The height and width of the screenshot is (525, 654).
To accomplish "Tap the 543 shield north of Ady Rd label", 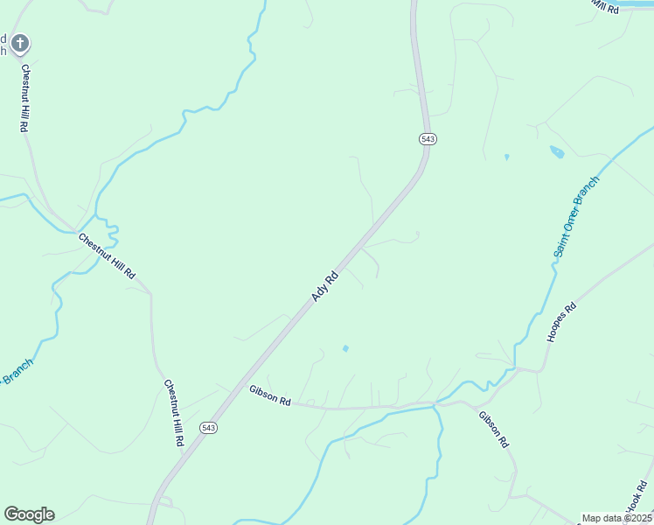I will [x=428, y=139].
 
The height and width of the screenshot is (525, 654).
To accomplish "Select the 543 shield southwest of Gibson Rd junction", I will [x=207, y=427].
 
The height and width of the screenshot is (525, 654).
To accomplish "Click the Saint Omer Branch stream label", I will [x=575, y=217].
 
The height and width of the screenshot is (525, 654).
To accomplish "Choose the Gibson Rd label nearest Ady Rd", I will [x=269, y=395].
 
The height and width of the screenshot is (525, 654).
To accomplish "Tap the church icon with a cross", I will [x=20, y=42].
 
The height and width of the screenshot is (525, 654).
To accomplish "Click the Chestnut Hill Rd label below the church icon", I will [x=24, y=98].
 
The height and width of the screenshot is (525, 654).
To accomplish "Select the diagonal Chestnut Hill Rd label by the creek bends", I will [x=107, y=255].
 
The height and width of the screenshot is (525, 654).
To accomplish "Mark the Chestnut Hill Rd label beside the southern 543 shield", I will [x=173, y=413].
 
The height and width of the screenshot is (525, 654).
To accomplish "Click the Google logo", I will [x=29, y=514].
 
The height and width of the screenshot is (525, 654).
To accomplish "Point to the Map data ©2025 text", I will [x=616, y=518].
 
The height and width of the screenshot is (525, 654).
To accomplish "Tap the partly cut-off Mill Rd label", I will [x=603, y=5].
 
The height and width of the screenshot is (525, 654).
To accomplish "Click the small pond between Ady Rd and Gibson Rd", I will [x=345, y=348].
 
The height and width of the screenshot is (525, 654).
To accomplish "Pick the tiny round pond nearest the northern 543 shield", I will [x=506, y=157].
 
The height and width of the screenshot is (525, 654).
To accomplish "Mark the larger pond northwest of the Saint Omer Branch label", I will [x=557, y=151].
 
